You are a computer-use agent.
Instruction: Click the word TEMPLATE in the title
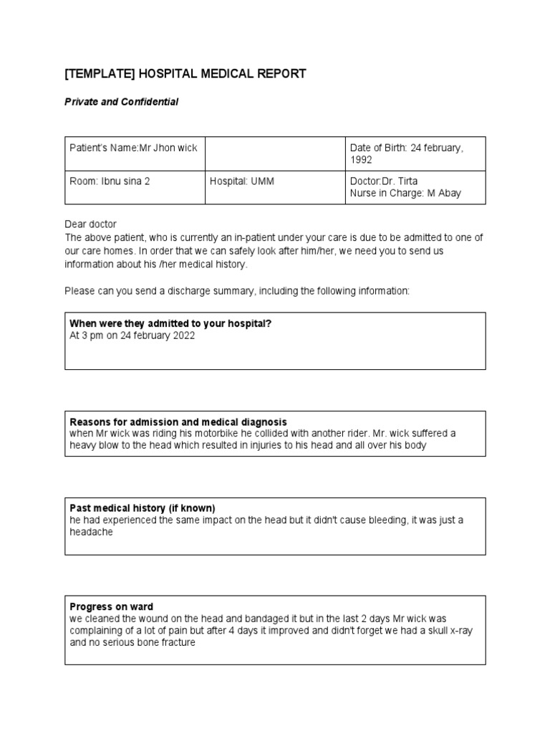coord(97,74)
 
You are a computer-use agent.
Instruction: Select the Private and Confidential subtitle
coord(121,103)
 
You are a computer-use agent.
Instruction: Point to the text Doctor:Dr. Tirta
coord(383,181)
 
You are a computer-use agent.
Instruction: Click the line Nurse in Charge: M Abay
coord(405,193)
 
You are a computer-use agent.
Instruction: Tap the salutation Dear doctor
coord(90,224)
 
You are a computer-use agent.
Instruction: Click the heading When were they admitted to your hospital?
coord(170,324)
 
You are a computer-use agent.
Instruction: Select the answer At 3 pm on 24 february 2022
coord(132,335)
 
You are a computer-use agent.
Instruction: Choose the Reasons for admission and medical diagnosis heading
coord(178,422)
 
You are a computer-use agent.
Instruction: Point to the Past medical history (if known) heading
coord(142,509)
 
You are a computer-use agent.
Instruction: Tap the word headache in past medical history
coord(91,533)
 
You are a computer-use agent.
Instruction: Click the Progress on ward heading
coord(111,606)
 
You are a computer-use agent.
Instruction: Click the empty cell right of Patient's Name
coord(274,153)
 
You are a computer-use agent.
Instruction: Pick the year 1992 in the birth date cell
coord(361,159)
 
